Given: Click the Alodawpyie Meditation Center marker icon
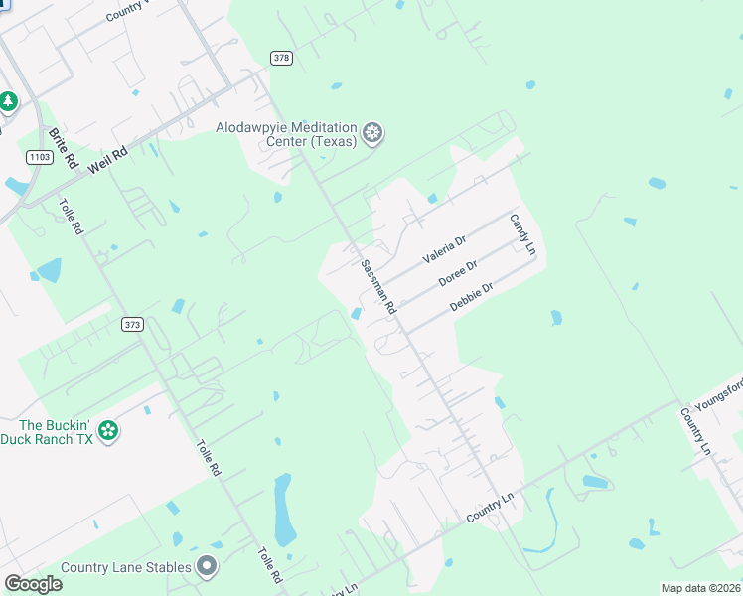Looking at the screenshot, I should tap(372, 133).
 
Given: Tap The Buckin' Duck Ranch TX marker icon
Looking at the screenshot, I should tap(108, 431).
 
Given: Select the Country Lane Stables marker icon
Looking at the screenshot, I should tap(207, 567).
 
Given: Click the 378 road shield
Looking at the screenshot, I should tap(281, 58).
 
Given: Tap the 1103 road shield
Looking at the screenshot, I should tap(40, 157).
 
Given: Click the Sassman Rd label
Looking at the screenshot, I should tap(378, 288).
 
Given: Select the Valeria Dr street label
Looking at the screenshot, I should tap(444, 248).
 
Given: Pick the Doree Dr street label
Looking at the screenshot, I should tap(458, 273).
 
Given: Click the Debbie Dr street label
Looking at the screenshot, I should tap(472, 297).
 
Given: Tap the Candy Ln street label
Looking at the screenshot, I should tap(522, 235).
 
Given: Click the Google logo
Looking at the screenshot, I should tap(33, 584).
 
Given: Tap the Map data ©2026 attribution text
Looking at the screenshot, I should tap(700, 588).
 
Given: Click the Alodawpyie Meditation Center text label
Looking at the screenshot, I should tap(287, 134).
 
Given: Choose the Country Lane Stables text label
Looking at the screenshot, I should tap(125, 568).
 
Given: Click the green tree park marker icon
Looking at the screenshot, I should tap(8, 101).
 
